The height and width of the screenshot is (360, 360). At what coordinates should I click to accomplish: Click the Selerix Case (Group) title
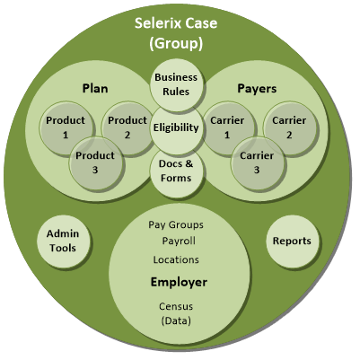[x=176, y=33]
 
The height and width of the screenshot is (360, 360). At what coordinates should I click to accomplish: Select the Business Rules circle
[x=176, y=84]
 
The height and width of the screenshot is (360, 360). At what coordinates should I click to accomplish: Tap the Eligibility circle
[x=176, y=127]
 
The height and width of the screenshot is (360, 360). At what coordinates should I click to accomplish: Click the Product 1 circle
[x=66, y=127]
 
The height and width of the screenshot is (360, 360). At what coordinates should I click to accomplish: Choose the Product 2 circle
[x=127, y=127]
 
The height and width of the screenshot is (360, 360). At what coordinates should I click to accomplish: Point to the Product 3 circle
[x=95, y=162]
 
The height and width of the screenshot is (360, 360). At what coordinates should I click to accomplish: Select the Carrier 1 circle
[x=227, y=127]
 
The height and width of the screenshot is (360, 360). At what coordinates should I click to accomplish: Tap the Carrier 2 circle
[x=289, y=127]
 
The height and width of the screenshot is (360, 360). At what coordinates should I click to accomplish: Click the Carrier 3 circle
[x=257, y=162]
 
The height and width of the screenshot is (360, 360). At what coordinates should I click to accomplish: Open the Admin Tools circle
[x=63, y=241]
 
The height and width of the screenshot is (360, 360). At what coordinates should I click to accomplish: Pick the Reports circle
[x=292, y=241]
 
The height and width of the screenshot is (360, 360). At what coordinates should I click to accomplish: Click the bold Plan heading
[x=95, y=89]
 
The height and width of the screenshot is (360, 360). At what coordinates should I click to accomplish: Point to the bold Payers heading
[x=257, y=89]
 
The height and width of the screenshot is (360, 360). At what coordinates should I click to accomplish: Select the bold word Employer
[x=179, y=282]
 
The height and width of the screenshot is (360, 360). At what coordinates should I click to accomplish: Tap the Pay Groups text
[x=176, y=225]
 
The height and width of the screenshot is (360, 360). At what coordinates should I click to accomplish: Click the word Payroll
[x=179, y=241]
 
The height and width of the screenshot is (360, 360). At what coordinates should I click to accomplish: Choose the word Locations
[x=176, y=259]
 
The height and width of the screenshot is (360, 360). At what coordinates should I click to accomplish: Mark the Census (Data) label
[x=176, y=313]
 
